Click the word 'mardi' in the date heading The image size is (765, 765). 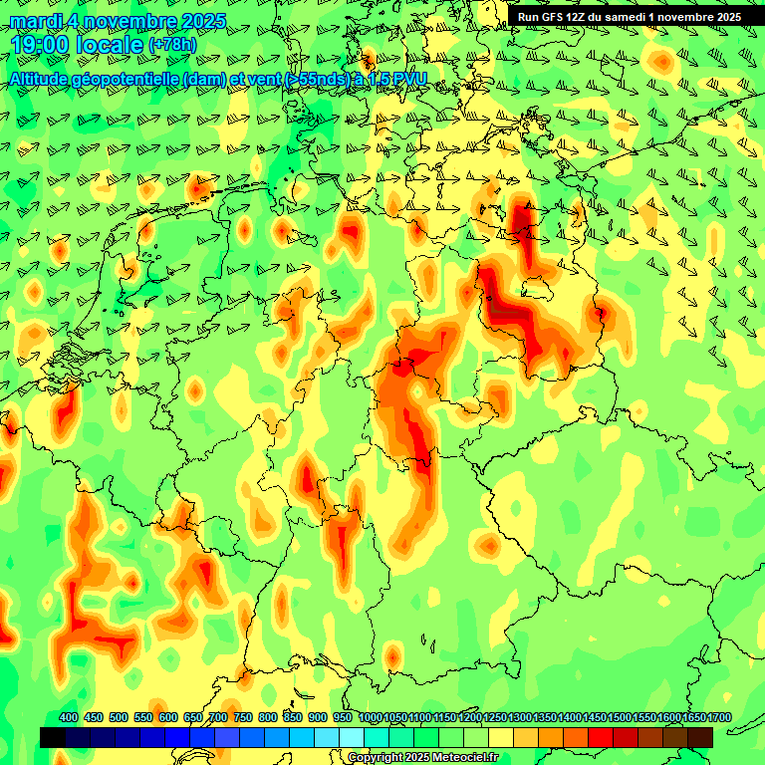point(35,21)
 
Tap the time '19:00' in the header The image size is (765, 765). point(43,45)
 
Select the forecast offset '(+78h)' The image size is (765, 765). point(172,46)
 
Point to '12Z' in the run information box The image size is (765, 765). point(585,17)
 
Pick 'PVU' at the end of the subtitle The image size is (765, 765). point(408,80)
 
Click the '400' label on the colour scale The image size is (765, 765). point(69,718)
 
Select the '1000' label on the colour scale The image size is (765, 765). point(371,718)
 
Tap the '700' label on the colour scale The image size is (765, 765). point(218,718)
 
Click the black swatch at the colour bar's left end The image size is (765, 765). point(53,737)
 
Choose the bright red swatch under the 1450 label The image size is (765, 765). point(601,737)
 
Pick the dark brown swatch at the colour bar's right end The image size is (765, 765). point(700,737)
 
